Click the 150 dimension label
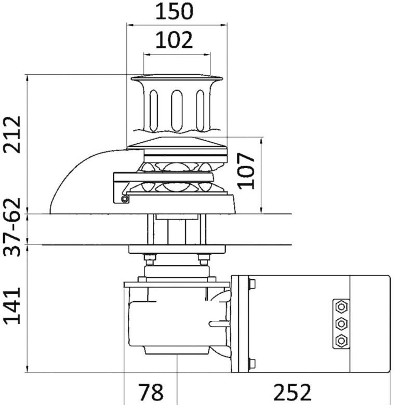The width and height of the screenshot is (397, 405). click(x=174, y=11)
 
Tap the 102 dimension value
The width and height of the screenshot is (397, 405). click(x=174, y=40)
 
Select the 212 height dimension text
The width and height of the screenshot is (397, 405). click(x=12, y=135)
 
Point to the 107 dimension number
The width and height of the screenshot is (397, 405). click(x=246, y=171)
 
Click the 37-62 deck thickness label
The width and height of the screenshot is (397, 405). click(x=12, y=227)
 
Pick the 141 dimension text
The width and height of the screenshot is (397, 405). click(x=12, y=305)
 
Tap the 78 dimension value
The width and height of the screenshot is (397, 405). click(x=151, y=392)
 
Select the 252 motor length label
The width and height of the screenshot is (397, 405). click(x=293, y=392)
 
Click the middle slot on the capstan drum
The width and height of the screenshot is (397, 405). click(x=177, y=111)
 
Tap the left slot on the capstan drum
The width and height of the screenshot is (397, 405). click(x=153, y=111)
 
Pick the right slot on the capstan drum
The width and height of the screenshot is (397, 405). click(x=200, y=111)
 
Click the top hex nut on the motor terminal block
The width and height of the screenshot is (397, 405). click(x=341, y=307)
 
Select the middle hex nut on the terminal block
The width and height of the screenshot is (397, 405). click(x=341, y=323)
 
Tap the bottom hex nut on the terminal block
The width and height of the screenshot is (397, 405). click(x=341, y=341)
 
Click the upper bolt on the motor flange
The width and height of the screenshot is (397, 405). click(x=252, y=284)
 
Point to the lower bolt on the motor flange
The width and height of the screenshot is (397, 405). click(x=252, y=363)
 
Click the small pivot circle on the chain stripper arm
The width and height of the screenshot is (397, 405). click(x=125, y=199)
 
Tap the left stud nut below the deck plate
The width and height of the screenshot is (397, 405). click(x=150, y=259)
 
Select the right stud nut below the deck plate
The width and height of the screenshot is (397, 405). click(x=204, y=259)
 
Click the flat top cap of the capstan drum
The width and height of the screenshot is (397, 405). click(x=177, y=77)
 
